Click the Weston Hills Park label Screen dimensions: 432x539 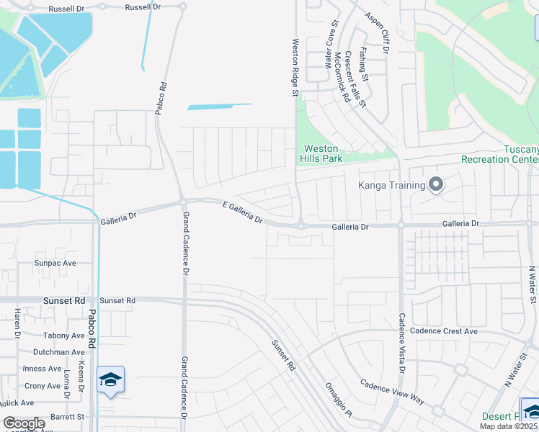coord(321,153)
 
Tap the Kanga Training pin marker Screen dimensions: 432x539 coord(435,185)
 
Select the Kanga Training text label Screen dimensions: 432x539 coord(392,185)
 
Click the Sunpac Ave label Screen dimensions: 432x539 coord(55,264)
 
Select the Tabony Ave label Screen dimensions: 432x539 coord(63,336)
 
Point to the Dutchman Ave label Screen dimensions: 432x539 coord(59,352)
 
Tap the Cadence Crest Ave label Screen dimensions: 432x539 coord(443,331)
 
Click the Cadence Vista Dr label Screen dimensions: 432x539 coord(402,342)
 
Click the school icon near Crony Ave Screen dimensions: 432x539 coord(110,379)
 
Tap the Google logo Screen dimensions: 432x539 coord(23,423)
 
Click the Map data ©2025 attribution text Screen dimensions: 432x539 coord(507,426)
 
